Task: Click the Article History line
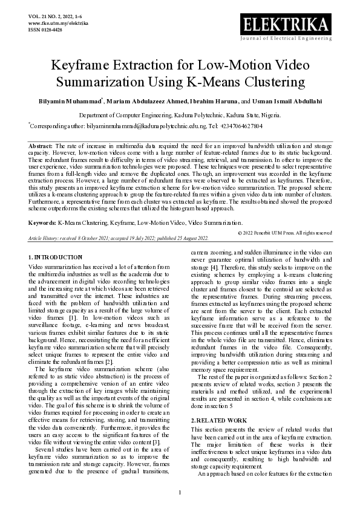click(119, 221)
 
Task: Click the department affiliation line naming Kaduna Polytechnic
click(180, 114)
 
